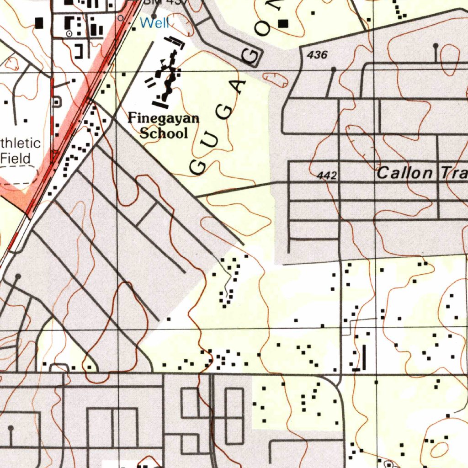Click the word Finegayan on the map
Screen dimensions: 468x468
[x=163, y=118]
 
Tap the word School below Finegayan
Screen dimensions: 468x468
[x=164, y=133]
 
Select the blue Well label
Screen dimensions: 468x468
[x=154, y=23]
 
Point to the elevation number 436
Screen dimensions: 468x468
[x=317, y=55]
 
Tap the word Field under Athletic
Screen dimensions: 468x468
[x=16, y=159]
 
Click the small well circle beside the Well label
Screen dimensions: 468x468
[x=121, y=18]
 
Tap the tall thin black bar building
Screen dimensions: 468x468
[x=364, y=356]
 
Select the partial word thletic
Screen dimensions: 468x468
[x=21, y=143]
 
